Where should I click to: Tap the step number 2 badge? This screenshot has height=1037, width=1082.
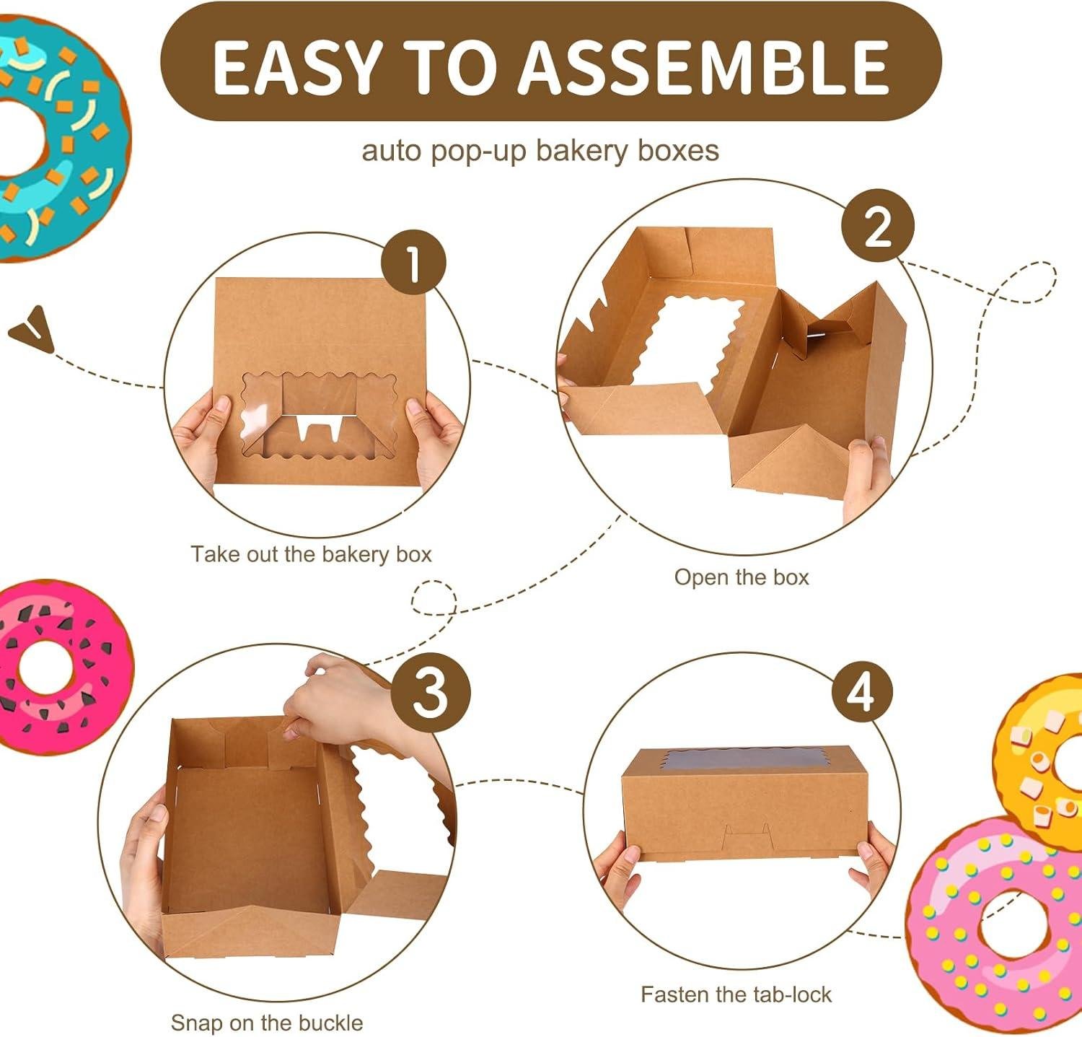pyautogui.click(x=878, y=228)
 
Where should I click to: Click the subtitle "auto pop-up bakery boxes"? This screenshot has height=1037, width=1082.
pyautogui.click(x=540, y=151)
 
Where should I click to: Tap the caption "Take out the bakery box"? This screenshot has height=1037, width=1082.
pyautogui.click(x=311, y=554)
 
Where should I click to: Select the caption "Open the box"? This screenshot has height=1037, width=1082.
pyautogui.click(x=742, y=577)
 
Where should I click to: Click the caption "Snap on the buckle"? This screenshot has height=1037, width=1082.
pyautogui.click(x=266, y=1023)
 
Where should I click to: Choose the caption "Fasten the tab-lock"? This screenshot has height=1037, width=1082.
pyautogui.click(x=736, y=994)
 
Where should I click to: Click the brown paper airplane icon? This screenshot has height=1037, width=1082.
pyautogui.click(x=32, y=329)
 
